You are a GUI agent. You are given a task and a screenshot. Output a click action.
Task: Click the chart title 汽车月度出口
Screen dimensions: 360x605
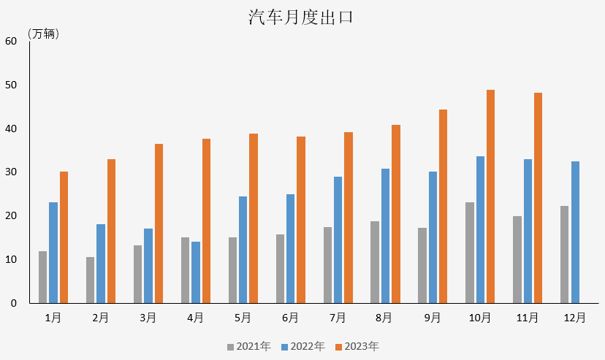tap(301, 18)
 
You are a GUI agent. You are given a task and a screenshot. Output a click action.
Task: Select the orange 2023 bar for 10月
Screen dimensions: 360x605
tap(490, 196)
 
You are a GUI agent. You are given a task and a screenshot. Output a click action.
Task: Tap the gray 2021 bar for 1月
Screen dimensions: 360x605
tap(42, 277)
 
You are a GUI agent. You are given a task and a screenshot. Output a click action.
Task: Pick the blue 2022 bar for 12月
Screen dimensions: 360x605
tap(575, 232)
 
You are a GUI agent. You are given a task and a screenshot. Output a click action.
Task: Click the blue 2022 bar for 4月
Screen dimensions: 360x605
tap(195, 272)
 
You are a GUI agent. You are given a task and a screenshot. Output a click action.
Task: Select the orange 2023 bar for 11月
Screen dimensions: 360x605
tap(538, 198)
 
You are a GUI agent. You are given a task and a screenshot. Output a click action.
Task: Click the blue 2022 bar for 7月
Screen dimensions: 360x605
tap(338, 240)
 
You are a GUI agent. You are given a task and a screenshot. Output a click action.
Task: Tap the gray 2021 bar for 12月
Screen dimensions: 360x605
tap(564, 254)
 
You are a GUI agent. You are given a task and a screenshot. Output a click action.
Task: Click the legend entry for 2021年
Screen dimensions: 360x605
tap(248, 346)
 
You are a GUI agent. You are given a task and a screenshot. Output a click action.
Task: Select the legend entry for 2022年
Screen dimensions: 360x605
tap(302, 346)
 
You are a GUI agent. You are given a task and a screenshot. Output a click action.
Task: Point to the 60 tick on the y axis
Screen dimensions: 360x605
tap(11, 41)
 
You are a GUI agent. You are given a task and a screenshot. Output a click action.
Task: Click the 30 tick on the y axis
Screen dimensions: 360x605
tap(11, 172)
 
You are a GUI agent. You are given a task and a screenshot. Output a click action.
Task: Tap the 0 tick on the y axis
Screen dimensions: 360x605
tap(14, 303)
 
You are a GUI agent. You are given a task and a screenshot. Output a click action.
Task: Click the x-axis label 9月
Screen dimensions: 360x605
tap(432, 318)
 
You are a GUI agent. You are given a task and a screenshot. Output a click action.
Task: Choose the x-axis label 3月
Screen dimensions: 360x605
tap(148, 318)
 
